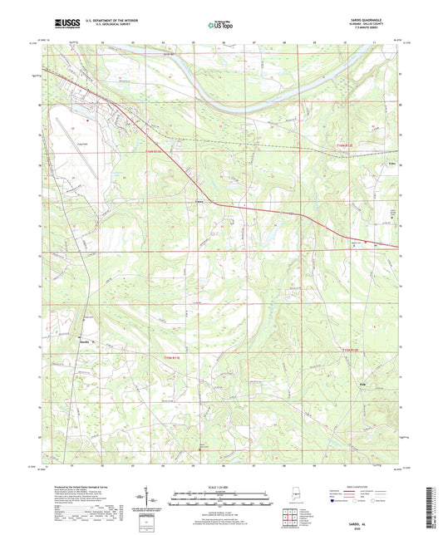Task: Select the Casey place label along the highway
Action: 199,199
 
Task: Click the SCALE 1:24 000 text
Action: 220,485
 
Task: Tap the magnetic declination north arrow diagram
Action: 156,501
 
